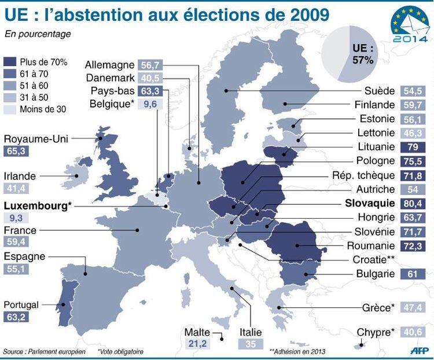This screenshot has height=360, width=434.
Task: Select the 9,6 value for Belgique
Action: click(x=150, y=105)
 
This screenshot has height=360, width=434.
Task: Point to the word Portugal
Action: click(x=21, y=304)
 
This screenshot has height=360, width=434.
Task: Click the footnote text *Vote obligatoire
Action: click(x=120, y=351)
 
